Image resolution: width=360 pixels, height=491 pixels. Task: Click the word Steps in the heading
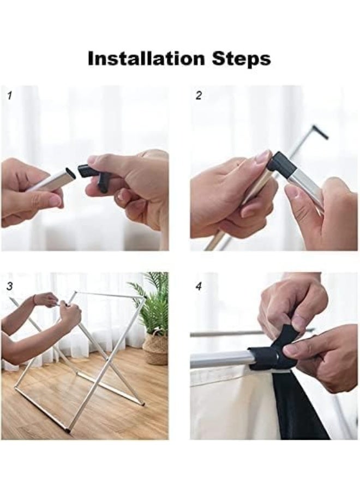[241, 58]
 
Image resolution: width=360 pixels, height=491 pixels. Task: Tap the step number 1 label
[10, 95]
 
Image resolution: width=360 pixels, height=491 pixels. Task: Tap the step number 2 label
[199, 95]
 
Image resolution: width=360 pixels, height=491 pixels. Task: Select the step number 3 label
[10, 286]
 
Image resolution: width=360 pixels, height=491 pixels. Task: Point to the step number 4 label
[199, 286]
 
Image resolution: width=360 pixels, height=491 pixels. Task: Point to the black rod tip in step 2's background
[320, 132]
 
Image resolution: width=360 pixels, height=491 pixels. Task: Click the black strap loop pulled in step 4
[283, 340]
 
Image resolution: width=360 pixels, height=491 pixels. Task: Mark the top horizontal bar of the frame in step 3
[110, 295]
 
